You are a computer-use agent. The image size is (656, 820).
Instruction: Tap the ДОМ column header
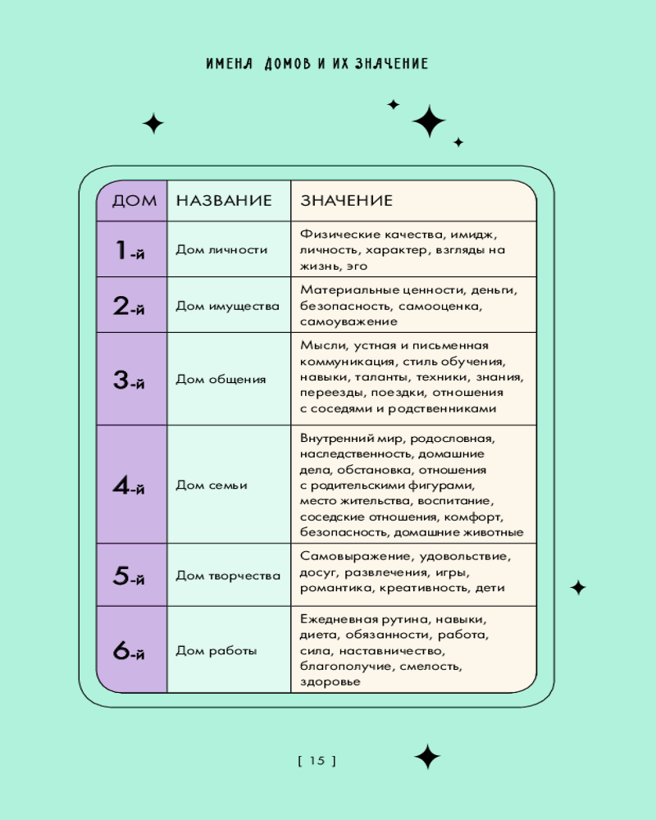[x=134, y=200]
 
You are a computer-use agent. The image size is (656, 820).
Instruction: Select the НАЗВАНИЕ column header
[x=224, y=200]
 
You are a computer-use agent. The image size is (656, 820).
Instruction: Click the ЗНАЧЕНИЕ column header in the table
[x=346, y=200]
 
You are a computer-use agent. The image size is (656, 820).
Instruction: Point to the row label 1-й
[x=130, y=250]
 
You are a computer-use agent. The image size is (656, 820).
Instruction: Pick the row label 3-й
[x=129, y=380]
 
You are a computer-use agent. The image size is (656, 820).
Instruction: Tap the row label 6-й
[x=129, y=650]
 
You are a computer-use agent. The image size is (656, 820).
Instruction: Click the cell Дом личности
[x=221, y=250]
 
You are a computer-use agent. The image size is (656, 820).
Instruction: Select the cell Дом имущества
[x=228, y=306]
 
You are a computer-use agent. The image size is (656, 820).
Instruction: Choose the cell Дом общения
[x=221, y=379]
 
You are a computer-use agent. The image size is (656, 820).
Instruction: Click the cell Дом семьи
[x=212, y=485]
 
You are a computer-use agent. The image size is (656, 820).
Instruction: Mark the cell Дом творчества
[x=228, y=576]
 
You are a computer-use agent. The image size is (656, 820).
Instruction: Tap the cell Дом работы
[x=216, y=650]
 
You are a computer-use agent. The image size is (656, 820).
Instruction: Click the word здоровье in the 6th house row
[x=330, y=682]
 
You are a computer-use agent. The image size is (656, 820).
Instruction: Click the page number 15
[x=317, y=760]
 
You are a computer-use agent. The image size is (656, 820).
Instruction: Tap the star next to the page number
[x=427, y=757]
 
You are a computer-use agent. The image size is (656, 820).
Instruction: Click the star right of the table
[x=578, y=588]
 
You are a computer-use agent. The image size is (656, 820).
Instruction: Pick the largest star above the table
[x=429, y=121]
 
